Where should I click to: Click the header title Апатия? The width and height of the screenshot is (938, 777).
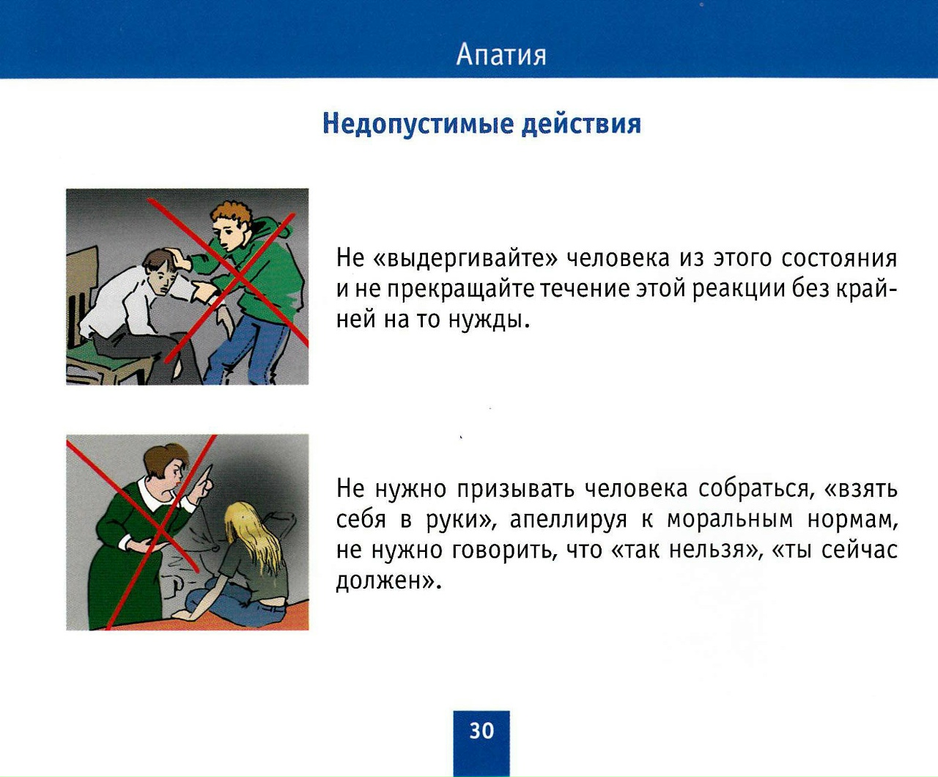pyautogui.click(x=501, y=56)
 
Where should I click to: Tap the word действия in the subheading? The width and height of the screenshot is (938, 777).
pyautogui.click(x=581, y=124)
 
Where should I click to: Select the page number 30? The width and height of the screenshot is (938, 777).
pyautogui.click(x=481, y=731)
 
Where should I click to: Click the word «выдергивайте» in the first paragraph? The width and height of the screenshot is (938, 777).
pyautogui.click(x=465, y=259)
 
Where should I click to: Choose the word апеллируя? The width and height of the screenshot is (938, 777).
pyautogui.click(x=568, y=520)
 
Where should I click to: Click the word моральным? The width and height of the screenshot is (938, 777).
pyautogui.click(x=730, y=520)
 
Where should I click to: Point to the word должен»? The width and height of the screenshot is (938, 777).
pyautogui.click(x=386, y=581)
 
